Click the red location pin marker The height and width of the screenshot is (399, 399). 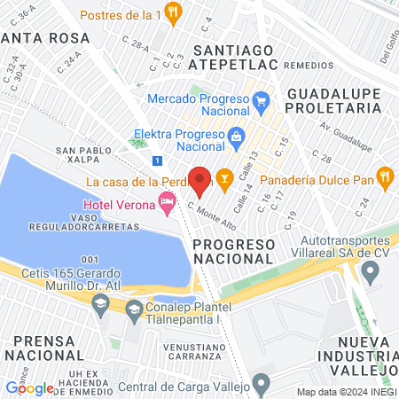199,181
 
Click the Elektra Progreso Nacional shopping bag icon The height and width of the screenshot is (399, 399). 236,136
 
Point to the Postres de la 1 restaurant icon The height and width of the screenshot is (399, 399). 174,15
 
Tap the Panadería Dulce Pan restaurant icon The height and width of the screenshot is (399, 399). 384,176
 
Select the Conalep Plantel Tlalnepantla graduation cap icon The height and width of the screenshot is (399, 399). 134,309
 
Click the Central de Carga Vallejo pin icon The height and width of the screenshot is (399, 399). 261,384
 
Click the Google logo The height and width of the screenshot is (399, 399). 29,387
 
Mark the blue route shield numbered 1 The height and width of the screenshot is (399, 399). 157,160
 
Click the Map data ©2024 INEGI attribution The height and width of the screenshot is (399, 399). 346,391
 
